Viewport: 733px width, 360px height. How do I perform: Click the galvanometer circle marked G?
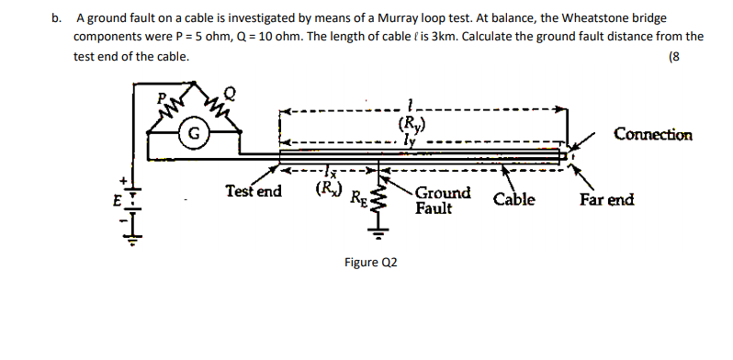pyautogui.click(x=193, y=129)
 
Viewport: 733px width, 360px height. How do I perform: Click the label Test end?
pyautogui.click(x=254, y=192)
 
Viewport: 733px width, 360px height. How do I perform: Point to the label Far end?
pyautogui.click(x=606, y=199)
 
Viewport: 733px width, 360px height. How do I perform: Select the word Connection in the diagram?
pyautogui.click(x=653, y=135)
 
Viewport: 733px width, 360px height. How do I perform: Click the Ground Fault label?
pyautogui.click(x=443, y=201)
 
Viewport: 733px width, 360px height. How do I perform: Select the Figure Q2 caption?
pyautogui.click(x=371, y=262)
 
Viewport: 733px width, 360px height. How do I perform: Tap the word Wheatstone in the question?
pyautogui.click(x=580, y=17)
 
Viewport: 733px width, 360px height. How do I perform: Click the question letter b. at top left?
pyautogui.click(x=57, y=17)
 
